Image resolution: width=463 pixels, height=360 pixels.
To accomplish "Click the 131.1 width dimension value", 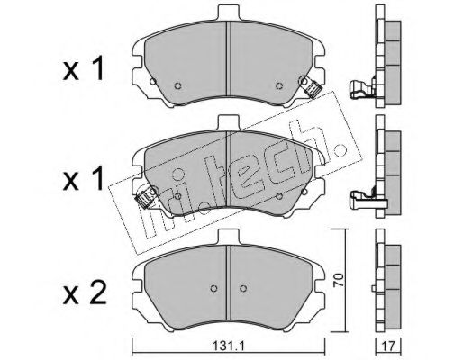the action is (x=230, y=347).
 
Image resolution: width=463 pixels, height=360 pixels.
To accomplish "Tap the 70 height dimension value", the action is (x=339, y=280).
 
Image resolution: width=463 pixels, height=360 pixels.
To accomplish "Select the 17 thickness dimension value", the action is (x=389, y=346).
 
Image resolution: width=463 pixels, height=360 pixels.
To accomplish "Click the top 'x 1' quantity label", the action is (x=84, y=70).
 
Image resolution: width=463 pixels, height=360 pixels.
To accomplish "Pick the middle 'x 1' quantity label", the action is (x=84, y=179).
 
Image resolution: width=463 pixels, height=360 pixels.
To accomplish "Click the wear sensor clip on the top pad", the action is (x=312, y=86).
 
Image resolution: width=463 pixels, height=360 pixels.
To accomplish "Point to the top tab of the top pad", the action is (x=229, y=13).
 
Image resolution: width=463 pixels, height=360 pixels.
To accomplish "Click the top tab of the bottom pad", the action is (x=229, y=237).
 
